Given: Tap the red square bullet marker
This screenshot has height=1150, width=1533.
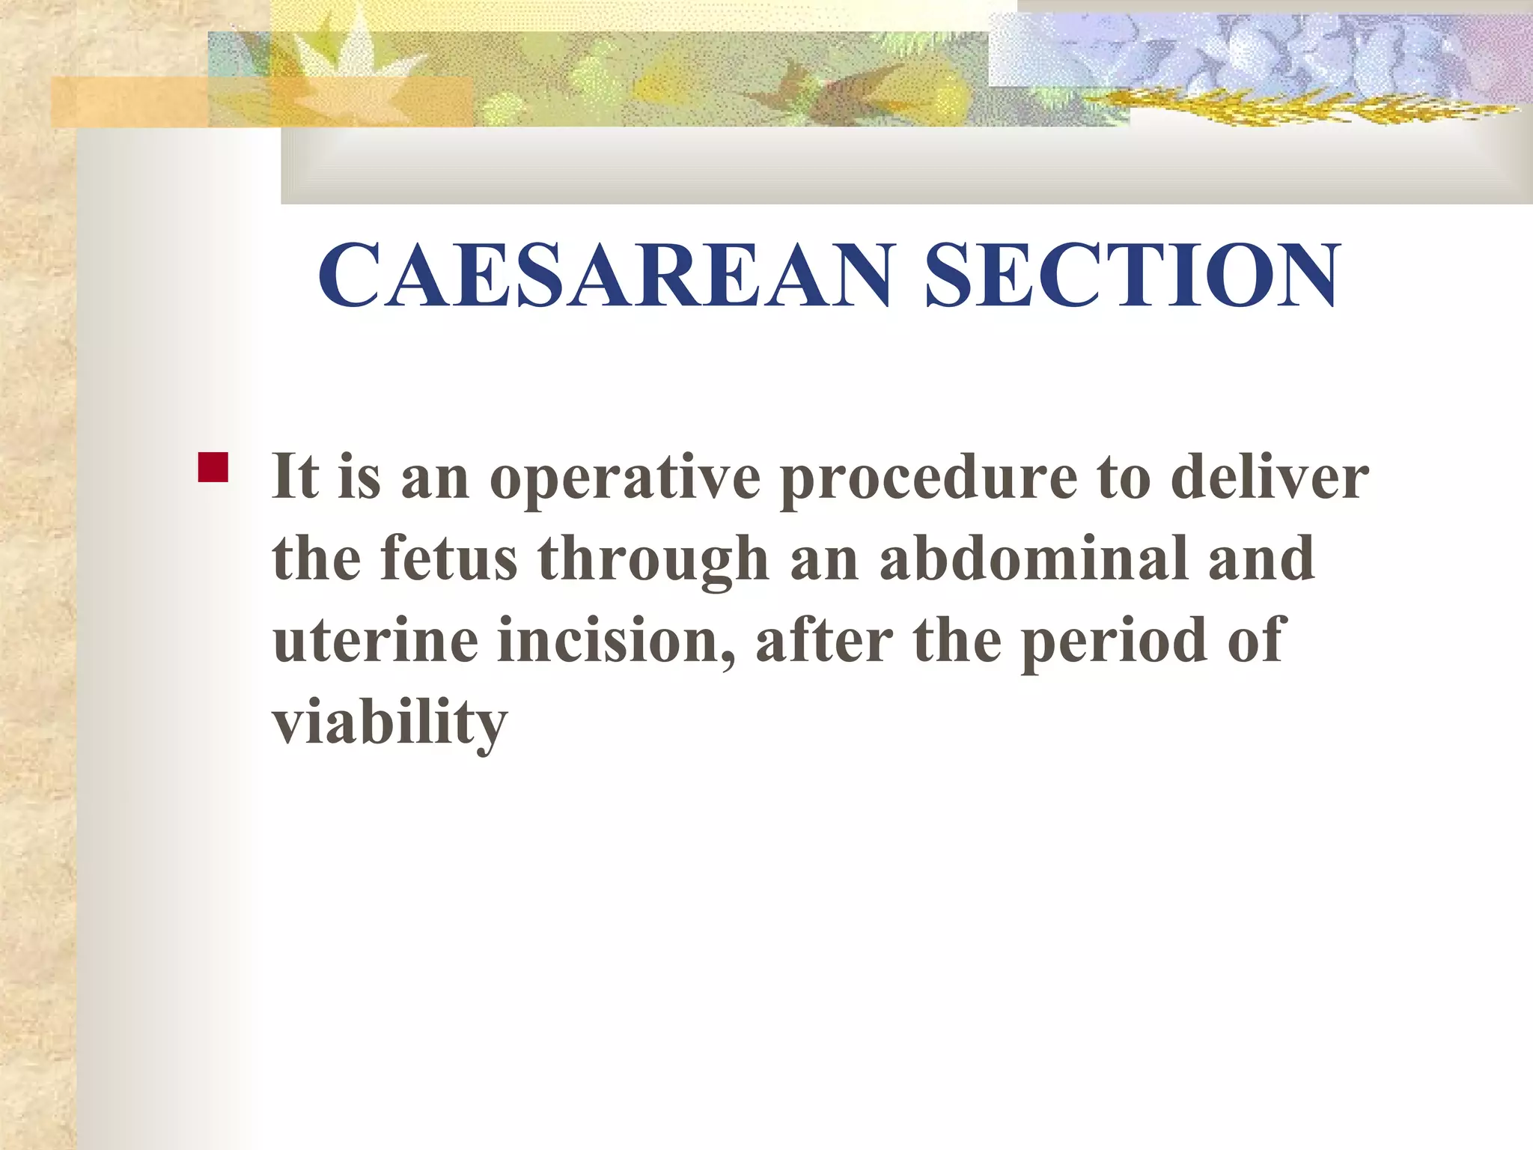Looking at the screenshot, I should (213, 467).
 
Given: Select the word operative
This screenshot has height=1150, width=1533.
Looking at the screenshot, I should (625, 479).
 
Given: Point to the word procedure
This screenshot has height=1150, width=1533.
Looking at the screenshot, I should (928, 479).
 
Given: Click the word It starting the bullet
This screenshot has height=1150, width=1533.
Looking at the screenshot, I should (295, 476).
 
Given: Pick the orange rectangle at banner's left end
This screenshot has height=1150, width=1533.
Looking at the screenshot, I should (127, 102).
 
